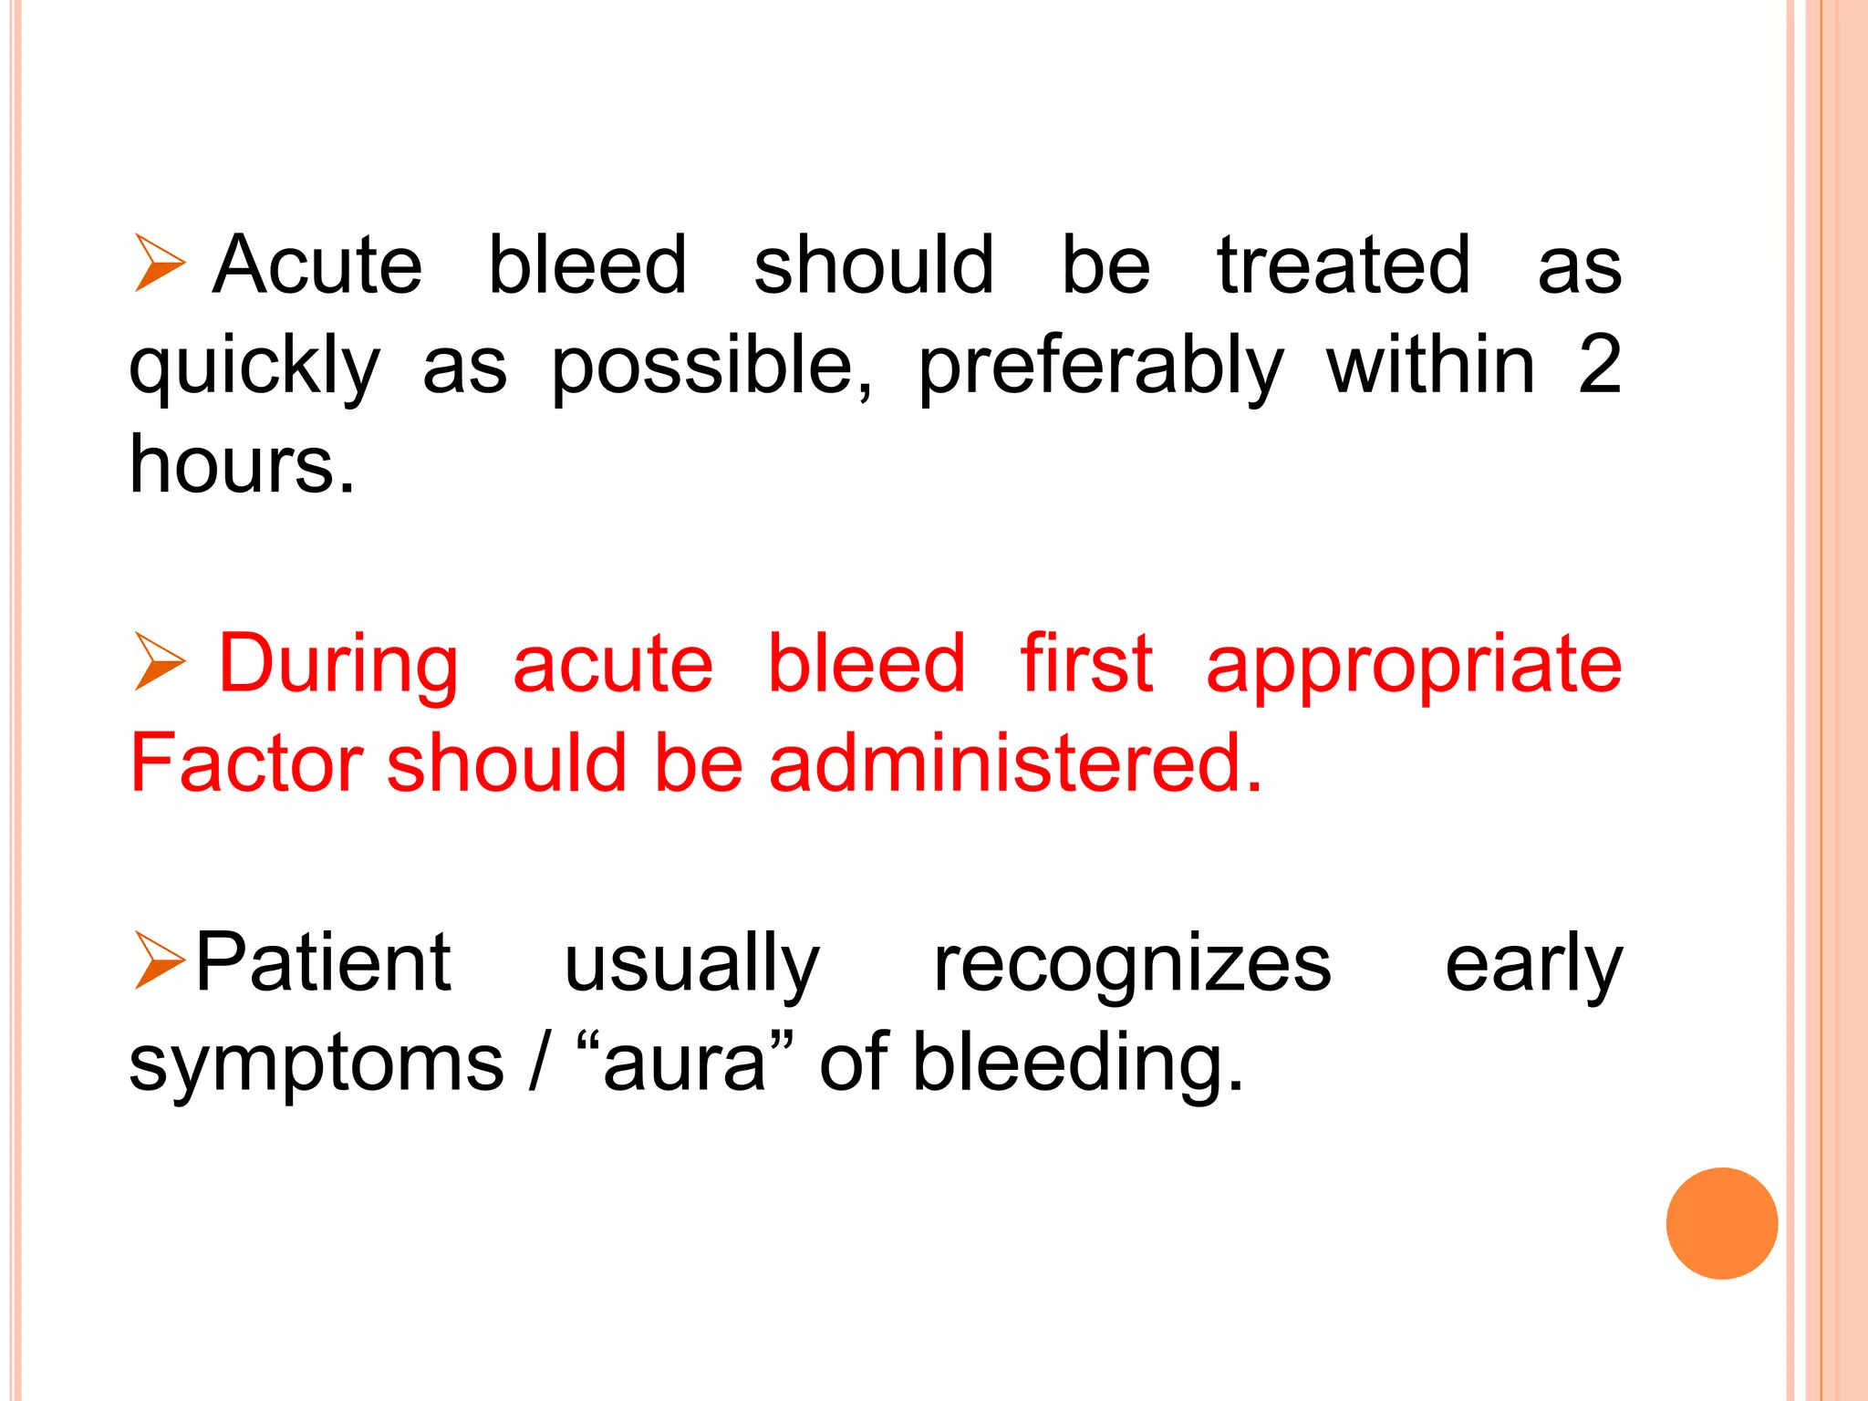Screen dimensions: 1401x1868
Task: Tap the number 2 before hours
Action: [1600, 365]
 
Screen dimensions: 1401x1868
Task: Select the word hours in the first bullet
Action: [241, 465]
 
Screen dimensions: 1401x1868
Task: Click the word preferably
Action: [1101, 367]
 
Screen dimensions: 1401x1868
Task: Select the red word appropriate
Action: [1413, 666]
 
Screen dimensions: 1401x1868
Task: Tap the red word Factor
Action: [246, 763]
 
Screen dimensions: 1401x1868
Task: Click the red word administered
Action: [1015, 763]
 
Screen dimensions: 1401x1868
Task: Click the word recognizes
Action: [1132, 965]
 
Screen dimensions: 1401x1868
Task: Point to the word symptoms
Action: [317, 1065]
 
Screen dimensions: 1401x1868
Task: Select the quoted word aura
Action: [685, 1064]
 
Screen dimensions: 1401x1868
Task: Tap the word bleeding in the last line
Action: [1078, 1064]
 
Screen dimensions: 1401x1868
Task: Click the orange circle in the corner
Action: [1721, 1223]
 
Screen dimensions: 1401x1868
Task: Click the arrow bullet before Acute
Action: [159, 263]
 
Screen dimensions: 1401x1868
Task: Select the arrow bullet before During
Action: [159, 661]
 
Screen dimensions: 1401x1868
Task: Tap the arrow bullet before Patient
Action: [159, 960]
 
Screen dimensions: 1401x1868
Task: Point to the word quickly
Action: [254, 367]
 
